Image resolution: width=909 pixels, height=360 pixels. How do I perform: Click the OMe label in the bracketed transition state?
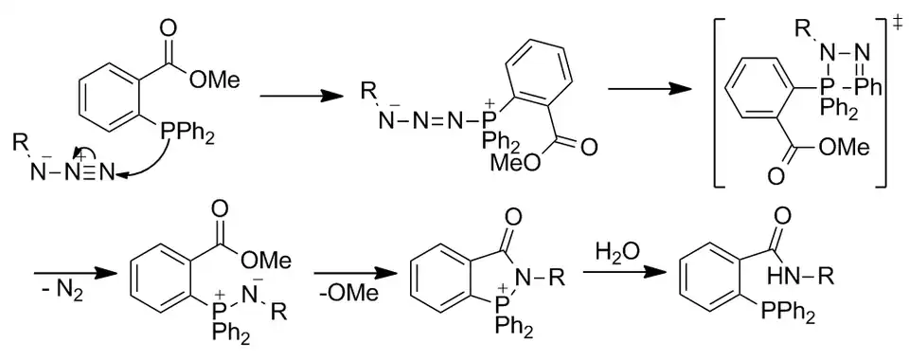(x=838, y=148)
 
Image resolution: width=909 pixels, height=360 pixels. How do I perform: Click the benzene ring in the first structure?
(x=109, y=94)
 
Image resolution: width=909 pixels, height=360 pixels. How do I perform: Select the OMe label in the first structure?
(x=215, y=79)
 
